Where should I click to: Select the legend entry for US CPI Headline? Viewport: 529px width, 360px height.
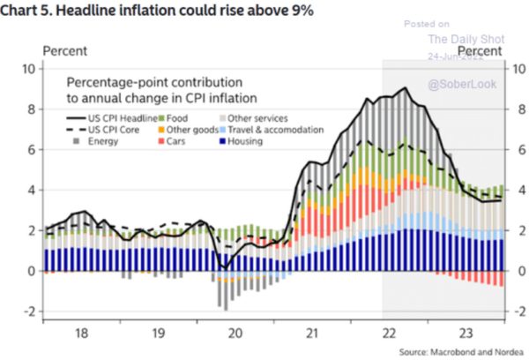pos(111,118)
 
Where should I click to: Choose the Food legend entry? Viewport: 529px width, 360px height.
pos(177,118)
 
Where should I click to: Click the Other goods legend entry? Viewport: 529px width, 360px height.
pos(188,130)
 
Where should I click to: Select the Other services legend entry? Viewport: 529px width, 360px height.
pos(256,118)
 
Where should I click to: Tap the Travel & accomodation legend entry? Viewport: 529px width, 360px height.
pos(264,130)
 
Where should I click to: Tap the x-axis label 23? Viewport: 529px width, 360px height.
pos(458,334)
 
